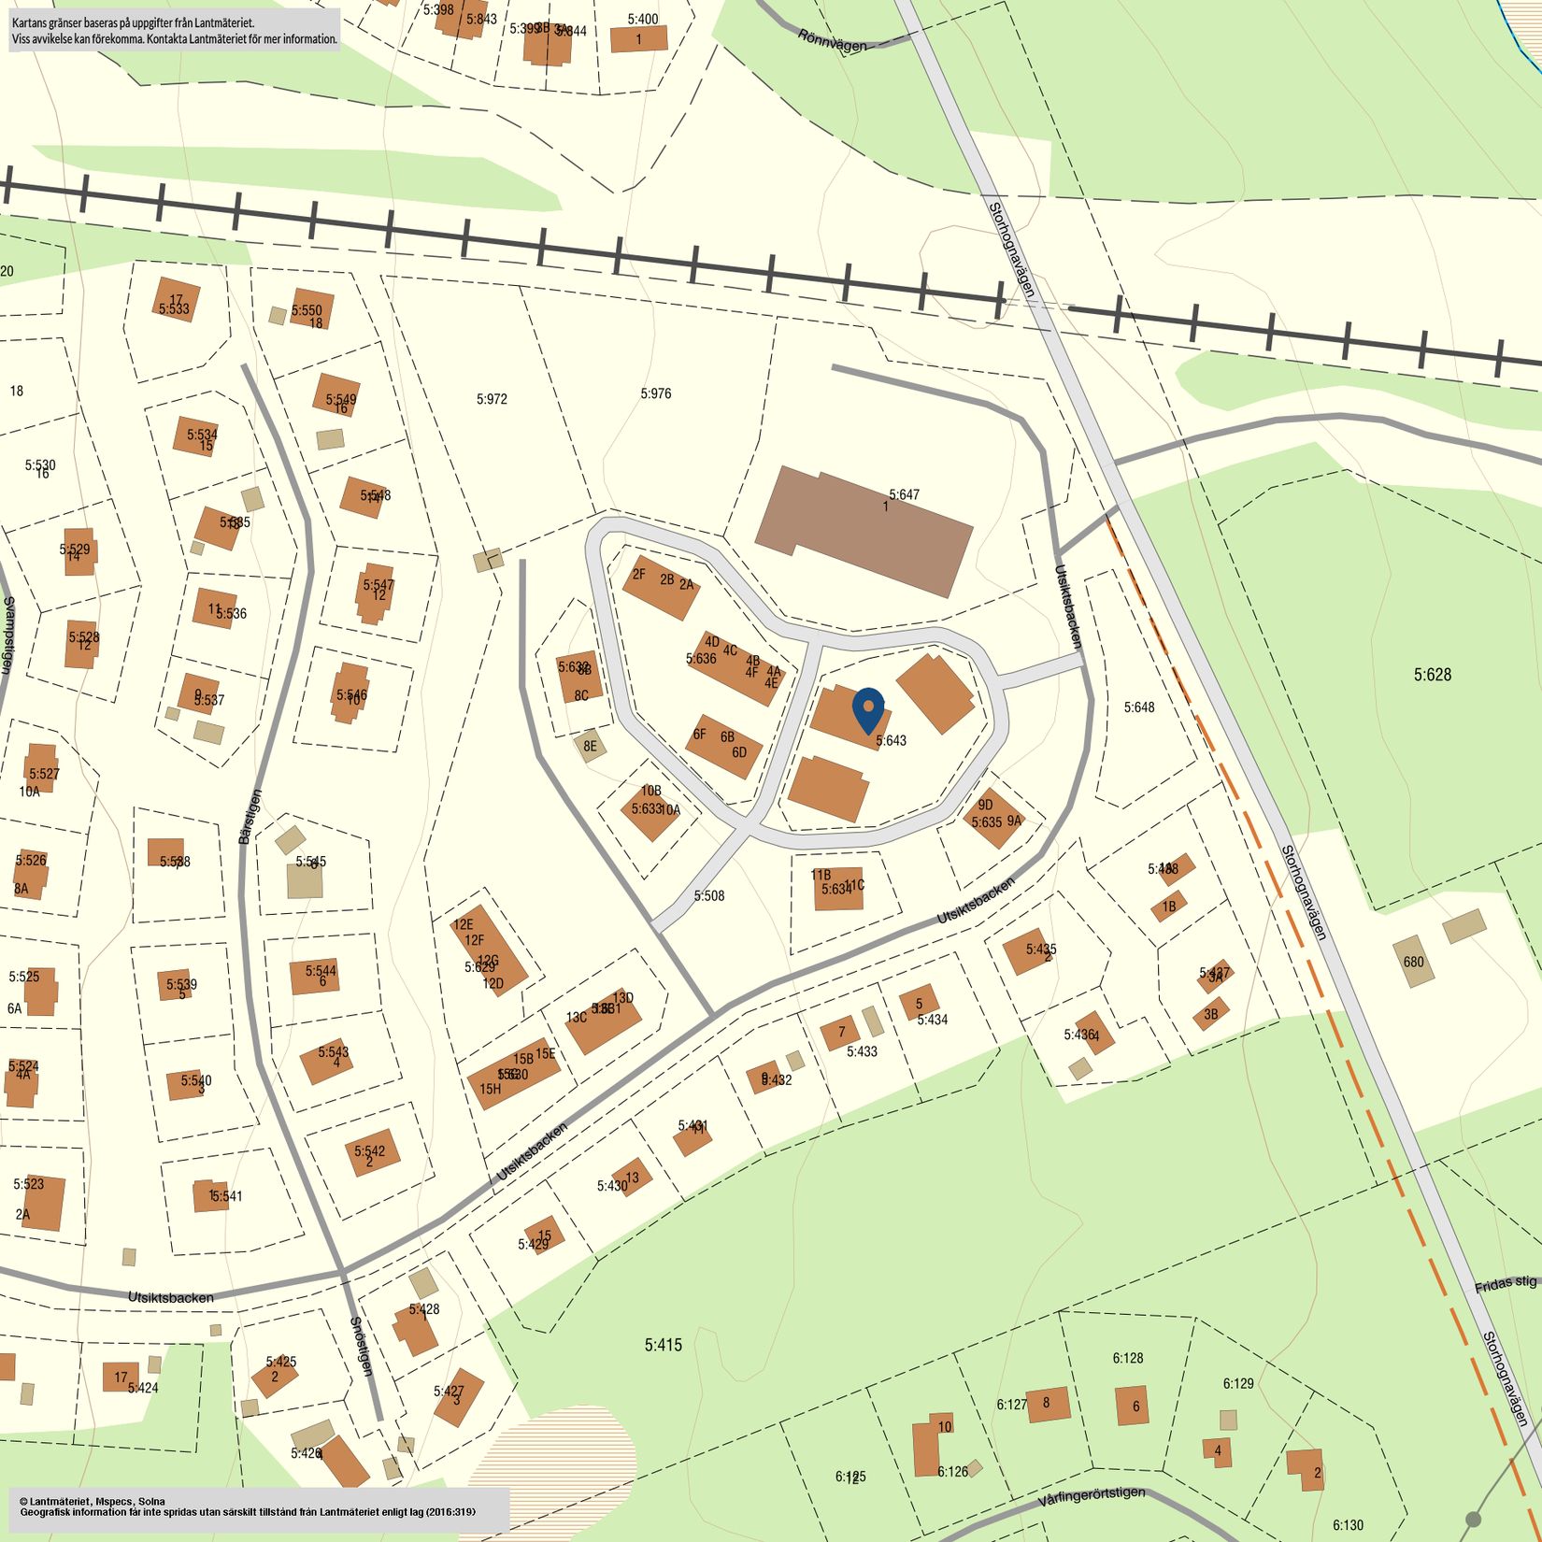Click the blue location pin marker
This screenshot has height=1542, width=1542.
pyautogui.click(x=869, y=709)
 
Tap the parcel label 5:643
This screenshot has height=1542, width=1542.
pyautogui.click(x=891, y=740)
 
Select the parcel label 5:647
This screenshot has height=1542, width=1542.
pyautogui.click(x=904, y=494)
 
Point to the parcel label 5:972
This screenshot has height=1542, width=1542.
pyautogui.click(x=492, y=399)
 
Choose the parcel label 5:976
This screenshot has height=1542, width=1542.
pyautogui.click(x=656, y=393)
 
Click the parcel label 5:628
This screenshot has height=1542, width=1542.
pyautogui.click(x=1432, y=674)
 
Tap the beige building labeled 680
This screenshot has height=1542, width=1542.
pyautogui.click(x=1413, y=963)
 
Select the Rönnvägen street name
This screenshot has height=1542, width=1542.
pyautogui.click(x=832, y=39)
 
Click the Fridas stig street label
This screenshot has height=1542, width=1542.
pyautogui.click(x=1505, y=1285)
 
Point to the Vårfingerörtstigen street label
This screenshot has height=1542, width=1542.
pyautogui.click(x=1091, y=1497)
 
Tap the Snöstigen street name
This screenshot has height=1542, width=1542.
pyautogui.click(x=361, y=1346)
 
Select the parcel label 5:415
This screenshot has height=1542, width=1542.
pyautogui.click(x=664, y=1345)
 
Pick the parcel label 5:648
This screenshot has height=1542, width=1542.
pyautogui.click(x=1138, y=707)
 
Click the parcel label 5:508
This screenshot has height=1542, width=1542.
pyautogui.click(x=708, y=895)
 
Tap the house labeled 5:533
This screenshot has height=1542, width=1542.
pyautogui.click(x=175, y=302)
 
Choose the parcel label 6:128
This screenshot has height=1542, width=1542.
pyautogui.click(x=1128, y=1358)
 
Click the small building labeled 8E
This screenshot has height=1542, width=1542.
pyautogui.click(x=589, y=746)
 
